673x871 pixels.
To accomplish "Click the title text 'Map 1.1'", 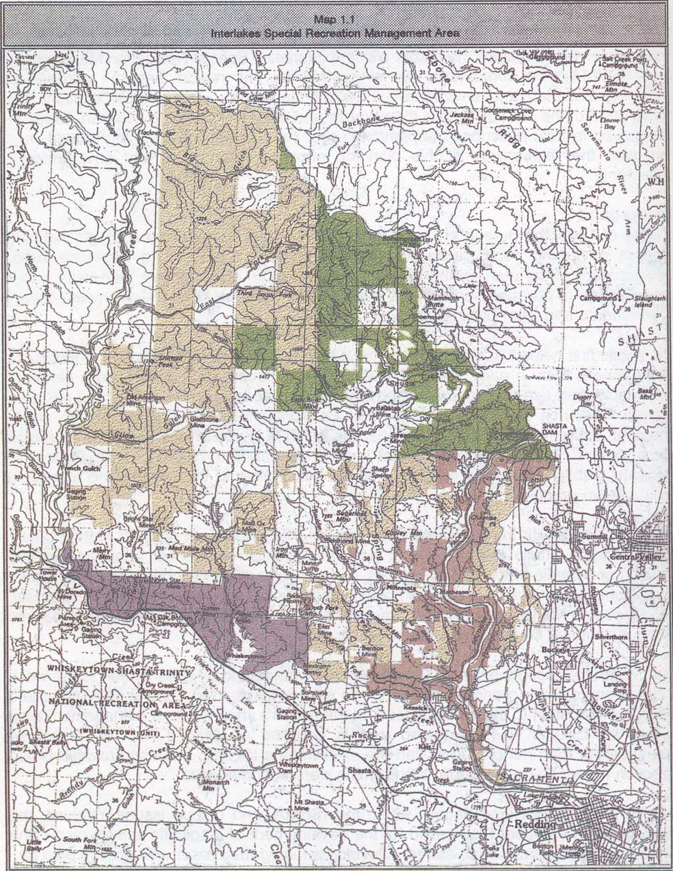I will tap(336, 19).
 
